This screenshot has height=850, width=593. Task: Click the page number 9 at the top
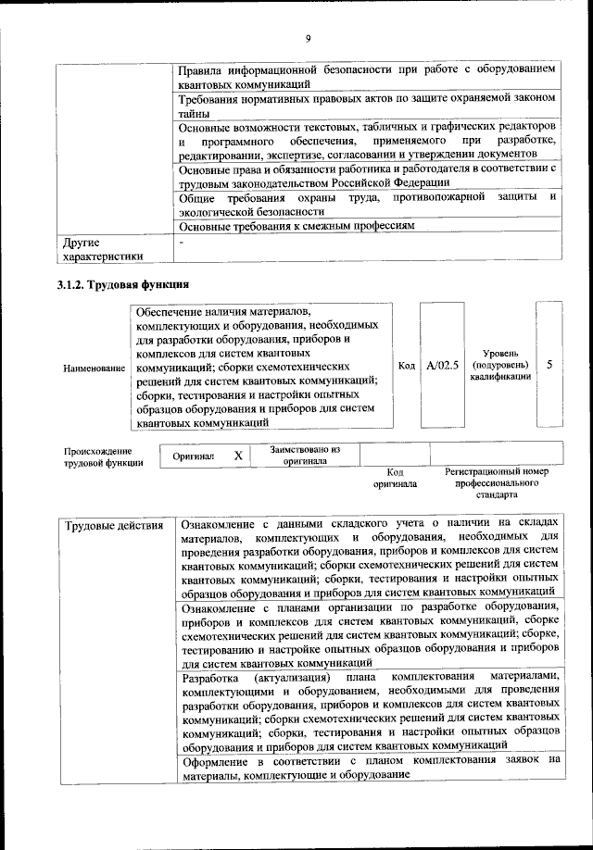click(307, 38)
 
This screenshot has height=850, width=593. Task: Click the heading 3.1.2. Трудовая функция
click(123, 283)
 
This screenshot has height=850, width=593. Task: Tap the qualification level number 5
click(549, 365)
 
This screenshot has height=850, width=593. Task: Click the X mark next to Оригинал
click(238, 456)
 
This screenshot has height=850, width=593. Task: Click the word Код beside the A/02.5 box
click(406, 366)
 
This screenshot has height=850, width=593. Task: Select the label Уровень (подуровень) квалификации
click(500, 366)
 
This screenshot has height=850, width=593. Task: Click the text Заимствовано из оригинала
click(305, 455)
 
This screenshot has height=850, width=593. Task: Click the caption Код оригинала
click(396, 478)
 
